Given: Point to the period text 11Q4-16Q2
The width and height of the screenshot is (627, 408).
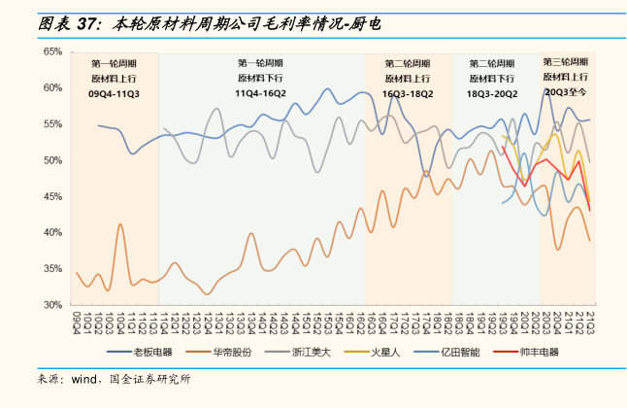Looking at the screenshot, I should (x=260, y=93).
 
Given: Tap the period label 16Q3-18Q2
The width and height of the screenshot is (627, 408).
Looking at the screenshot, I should (x=408, y=93).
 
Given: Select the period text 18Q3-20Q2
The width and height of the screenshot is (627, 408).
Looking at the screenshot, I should (x=491, y=93).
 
